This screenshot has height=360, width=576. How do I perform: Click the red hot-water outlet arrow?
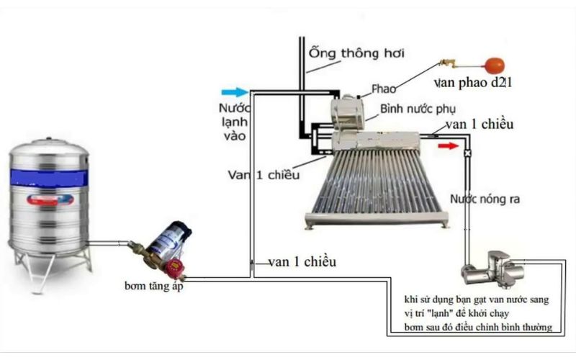click(x=449, y=145)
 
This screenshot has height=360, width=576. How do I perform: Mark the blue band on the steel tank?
click(x=49, y=174)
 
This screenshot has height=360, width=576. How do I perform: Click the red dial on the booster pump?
click(x=174, y=270)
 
